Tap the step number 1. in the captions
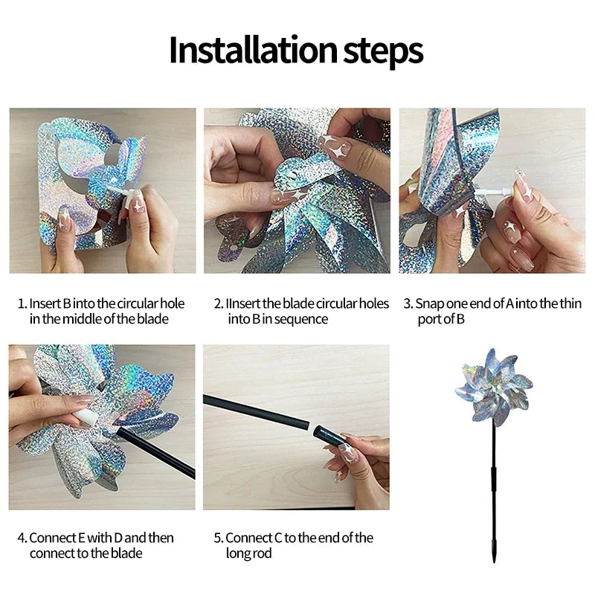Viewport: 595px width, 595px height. (x=22, y=303)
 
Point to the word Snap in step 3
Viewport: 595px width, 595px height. (x=428, y=303)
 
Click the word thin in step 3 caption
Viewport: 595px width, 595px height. (x=570, y=303)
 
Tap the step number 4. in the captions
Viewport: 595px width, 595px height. (x=22, y=538)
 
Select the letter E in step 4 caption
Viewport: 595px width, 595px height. (x=80, y=538)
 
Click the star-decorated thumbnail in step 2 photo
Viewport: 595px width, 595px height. (x=338, y=149)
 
